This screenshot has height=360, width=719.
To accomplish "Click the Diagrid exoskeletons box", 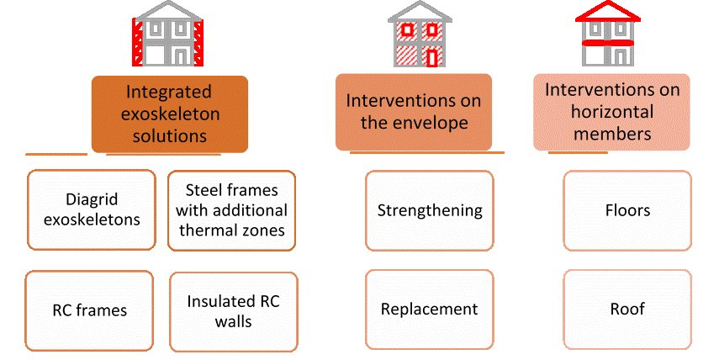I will coord(91,210).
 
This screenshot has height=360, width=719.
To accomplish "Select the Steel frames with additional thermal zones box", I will coord(231,210).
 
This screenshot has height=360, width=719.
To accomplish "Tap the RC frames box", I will coord(89,310).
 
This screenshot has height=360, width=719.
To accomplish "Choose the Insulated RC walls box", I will coord(231,310).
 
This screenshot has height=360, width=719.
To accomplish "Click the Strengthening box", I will coord(430,210).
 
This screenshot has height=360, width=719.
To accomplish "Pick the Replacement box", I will coord(430,309).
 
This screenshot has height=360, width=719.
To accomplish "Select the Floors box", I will coord(627,210).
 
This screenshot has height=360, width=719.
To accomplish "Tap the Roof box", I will coord(627,309).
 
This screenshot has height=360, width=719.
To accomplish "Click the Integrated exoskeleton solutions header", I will coord(169,114).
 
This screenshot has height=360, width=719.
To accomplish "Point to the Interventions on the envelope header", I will coord(414,111).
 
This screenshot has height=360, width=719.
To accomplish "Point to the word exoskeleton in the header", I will coord(168,114).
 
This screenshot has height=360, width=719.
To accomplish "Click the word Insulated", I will coord(219,300).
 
